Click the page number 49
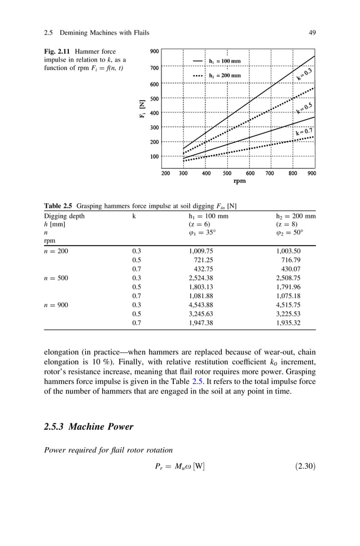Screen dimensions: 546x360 [312, 32]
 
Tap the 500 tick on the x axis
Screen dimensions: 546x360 [227, 174]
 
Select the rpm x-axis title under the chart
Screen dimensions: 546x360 [239, 182]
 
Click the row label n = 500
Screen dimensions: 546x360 [56, 278]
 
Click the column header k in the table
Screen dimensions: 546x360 [134, 216]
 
